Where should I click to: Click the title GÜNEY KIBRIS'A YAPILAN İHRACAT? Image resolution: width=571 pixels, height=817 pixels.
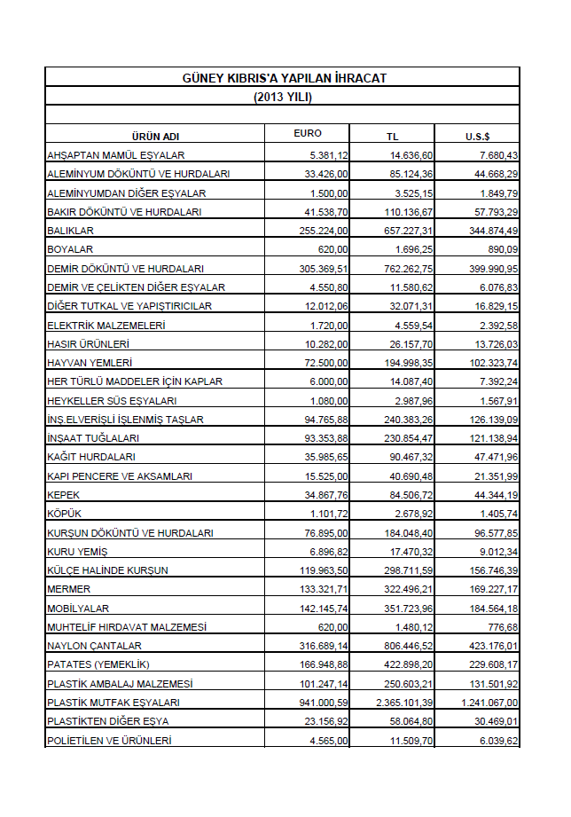pos(283,79)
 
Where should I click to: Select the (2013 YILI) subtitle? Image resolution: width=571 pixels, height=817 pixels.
pos(283,97)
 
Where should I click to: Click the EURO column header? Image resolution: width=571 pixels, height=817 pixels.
pos(308,134)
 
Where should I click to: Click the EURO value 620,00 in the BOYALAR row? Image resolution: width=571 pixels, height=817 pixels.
pos(334,249)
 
